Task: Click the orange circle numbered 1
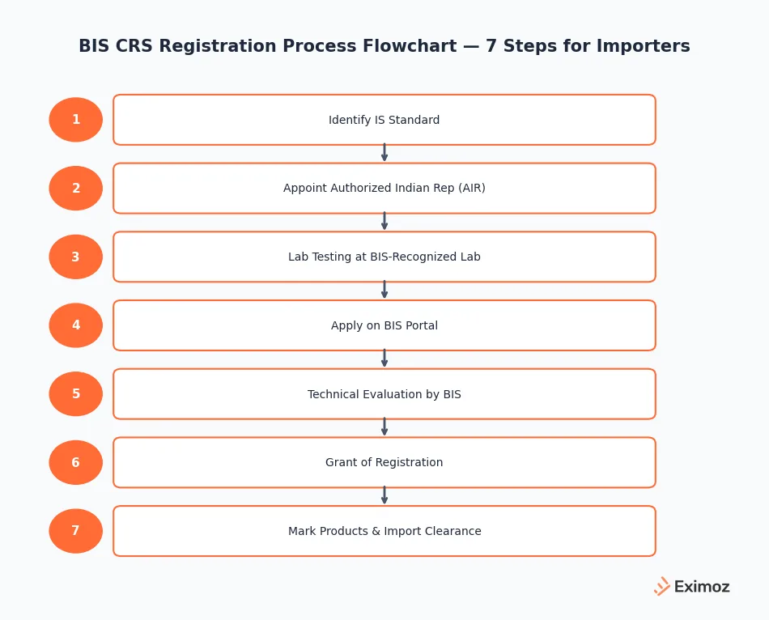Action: pyautogui.click(x=76, y=120)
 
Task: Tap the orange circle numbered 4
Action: pyautogui.click(x=76, y=325)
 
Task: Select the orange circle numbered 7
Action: pyautogui.click(x=76, y=531)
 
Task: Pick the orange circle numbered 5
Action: pyautogui.click(x=76, y=394)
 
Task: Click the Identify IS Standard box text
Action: pyautogui.click(x=384, y=121)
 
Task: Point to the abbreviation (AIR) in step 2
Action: pyautogui.click(x=470, y=189)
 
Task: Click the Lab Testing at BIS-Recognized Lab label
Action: pyautogui.click(x=384, y=257)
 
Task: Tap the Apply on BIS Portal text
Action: pyautogui.click(x=384, y=326)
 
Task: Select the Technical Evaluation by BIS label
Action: pyautogui.click(x=384, y=395)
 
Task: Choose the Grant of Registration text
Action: pyautogui.click(x=384, y=463)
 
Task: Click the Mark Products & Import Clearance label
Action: pyautogui.click(x=384, y=532)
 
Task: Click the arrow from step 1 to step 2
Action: pyautogui.click(x=384, y=153)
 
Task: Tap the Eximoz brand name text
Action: pyautogui.click(x=702, y=587)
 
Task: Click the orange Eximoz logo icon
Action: pyautogui.click(x=662, y=586)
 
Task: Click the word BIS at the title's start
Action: pyautogui.click(x=94, y=47)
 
